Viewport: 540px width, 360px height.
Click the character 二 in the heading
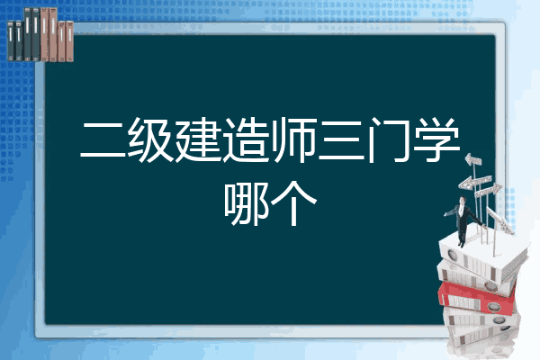click(x=103, y=140)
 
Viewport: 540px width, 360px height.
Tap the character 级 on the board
click(x=150, y=139)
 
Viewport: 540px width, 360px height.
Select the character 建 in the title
click(x=198, y=139)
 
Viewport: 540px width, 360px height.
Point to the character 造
click(x=246, y=139)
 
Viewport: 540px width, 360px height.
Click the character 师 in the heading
click(x=293, y=139)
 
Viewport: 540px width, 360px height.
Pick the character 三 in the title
click(x=341, y=140)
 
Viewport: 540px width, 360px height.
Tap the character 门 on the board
click(x=389, y=139)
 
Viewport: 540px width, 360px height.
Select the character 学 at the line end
click(x=436, y=139)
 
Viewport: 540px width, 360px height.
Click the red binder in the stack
click(x=476, y=297)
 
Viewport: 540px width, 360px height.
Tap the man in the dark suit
click(x=463, y=220)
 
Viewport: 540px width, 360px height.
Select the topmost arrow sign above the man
click(x=472, y=159)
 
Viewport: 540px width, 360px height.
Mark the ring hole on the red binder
click(x=493, y=307)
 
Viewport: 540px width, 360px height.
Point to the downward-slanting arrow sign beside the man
click(x=499, y=220)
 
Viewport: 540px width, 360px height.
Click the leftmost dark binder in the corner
click(x=11, y=40)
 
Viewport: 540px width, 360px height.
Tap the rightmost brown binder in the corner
click(x=70, y=41)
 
